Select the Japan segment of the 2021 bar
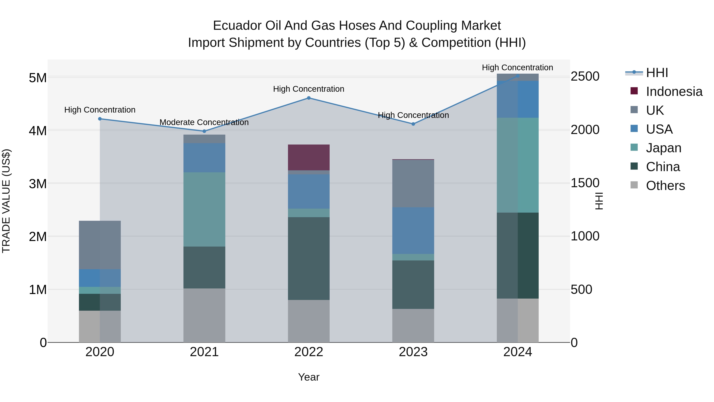tap(204, 209)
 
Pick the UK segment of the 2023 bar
tap(413, 183)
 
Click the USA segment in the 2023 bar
tap(413, 230)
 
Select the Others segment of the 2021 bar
tap(204, 315)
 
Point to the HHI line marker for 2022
tap(309, 98)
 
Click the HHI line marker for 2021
tap(204, 131)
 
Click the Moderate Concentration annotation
tap(204, 122)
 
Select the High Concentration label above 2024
tap(517, 68)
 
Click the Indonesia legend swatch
tap(634, 91)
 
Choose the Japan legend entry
tap(663, 148)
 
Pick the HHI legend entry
tap(657, 73)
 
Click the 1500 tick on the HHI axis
tap(585, 183)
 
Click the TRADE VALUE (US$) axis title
tap(6, 201)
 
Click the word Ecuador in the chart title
tap(237, 26)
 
